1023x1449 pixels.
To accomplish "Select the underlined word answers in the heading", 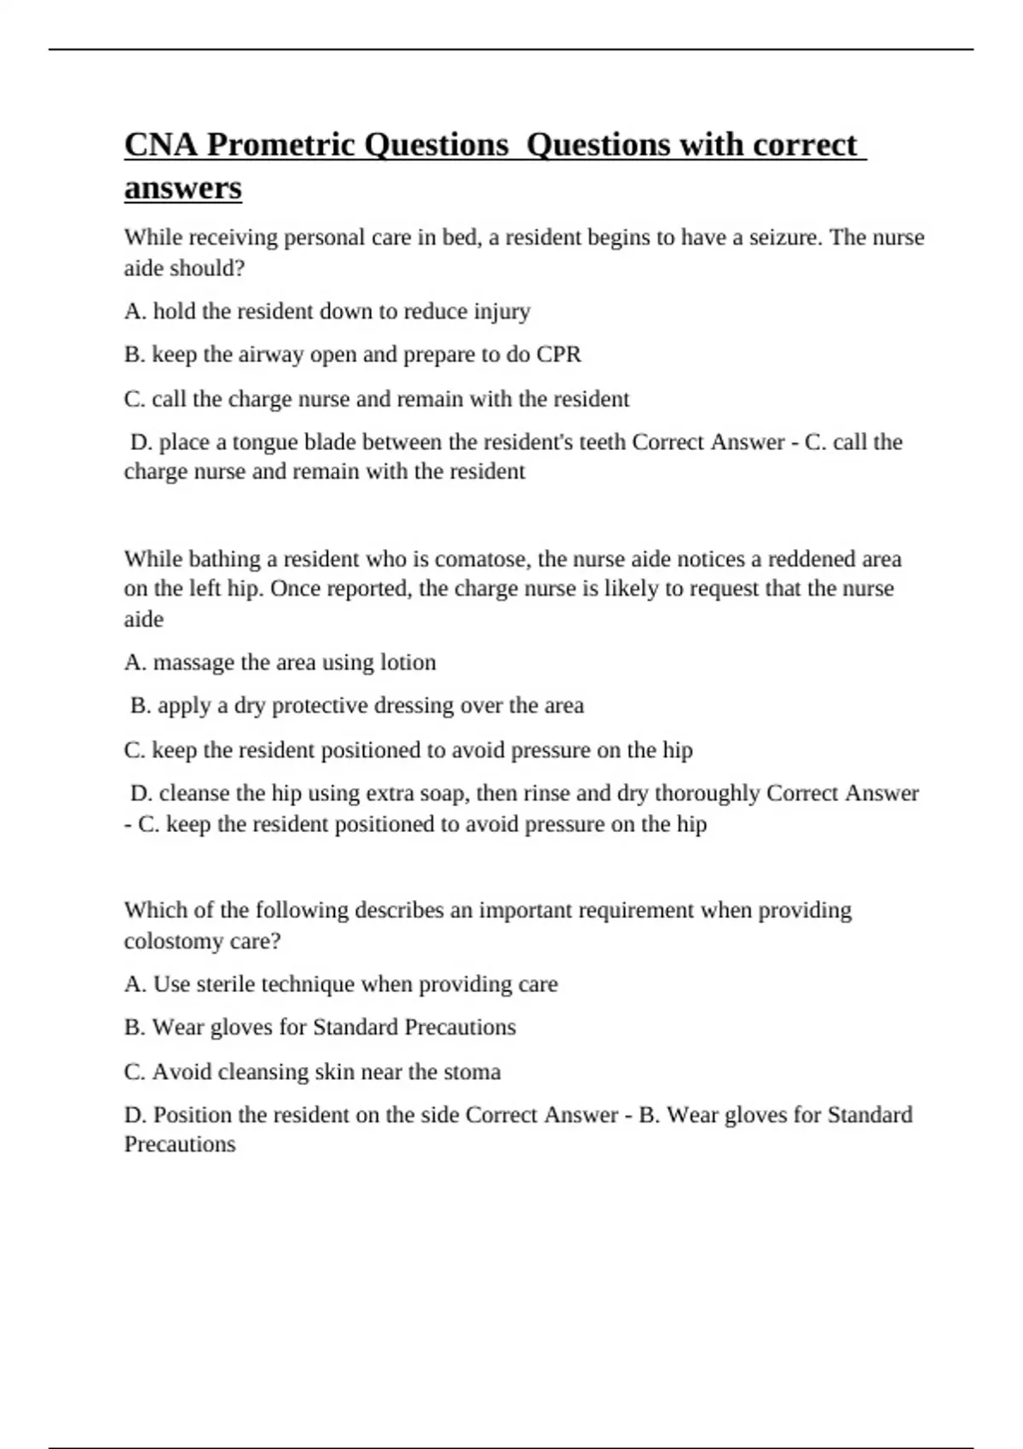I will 182,188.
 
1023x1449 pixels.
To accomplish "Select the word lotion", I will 407,662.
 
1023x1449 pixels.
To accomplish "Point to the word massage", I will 194,662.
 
